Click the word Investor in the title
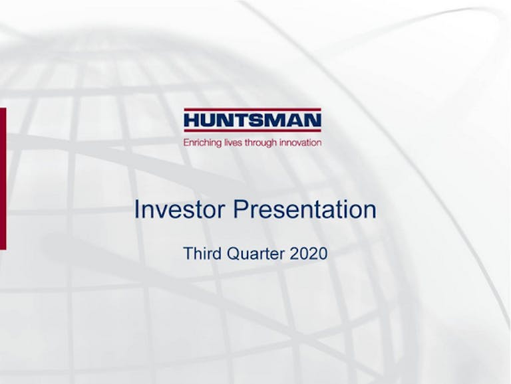(180, 209)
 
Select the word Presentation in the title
(305, 209)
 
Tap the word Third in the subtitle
(202, 253)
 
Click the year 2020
(308, 253)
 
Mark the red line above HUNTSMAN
(253, 110)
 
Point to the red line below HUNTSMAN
(253, 130)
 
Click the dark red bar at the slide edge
(3, 179)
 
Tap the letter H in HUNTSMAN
(192, 120)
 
